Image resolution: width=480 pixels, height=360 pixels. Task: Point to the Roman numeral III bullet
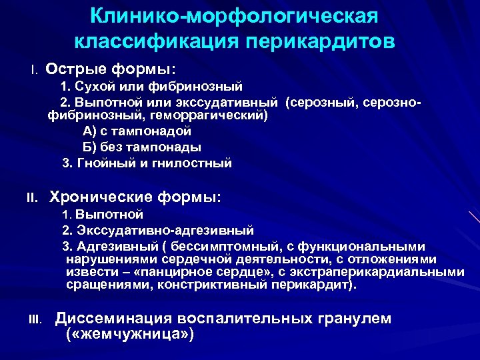(x=35, y=320)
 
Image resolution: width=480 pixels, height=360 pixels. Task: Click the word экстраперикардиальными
(x=393, y=272)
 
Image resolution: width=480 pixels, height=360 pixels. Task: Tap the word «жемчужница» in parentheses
(x=131, y=334)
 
